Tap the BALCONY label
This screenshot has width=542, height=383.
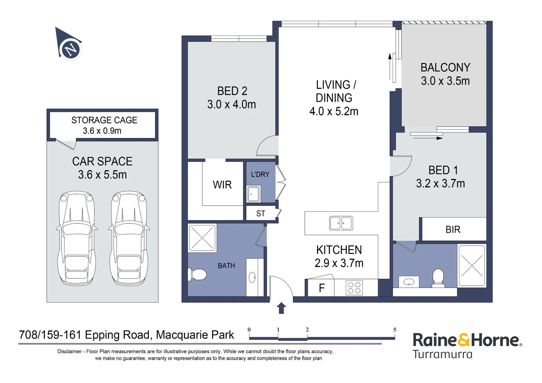point(445,67)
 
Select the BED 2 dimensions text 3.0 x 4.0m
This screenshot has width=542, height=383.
point(231,105)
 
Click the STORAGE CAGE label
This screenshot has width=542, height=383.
point(104,120)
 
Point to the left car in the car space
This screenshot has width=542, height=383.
point(77,238)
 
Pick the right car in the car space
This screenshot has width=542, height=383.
point(129,238)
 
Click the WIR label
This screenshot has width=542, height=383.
point(222,185)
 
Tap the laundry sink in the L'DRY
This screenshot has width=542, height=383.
point(253,194)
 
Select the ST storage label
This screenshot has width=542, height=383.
point(261,213)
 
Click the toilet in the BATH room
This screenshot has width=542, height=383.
point(197,275)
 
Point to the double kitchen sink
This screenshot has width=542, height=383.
point(341,223)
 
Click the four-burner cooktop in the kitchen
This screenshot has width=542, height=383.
point(354,287)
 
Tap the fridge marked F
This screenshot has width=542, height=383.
point(321,288)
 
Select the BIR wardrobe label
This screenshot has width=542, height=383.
point(453,229)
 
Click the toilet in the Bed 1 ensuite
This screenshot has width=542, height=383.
point(438,278)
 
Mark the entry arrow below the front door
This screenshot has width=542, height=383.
point(281,308)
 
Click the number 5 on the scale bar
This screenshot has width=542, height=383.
point(395,330)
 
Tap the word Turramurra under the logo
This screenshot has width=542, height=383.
point(442,354)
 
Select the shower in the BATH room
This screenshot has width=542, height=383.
point(202,238)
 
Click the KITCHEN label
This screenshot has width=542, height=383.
point(339,250)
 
